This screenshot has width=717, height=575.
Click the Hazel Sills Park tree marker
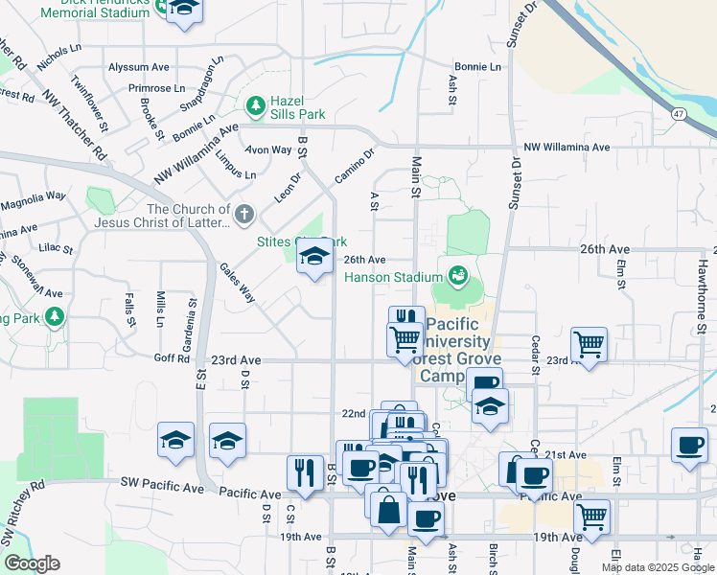point(256,105)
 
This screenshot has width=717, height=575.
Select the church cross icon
point(244,213)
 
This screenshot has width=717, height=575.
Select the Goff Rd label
point(172,357)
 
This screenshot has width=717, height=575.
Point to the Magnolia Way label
point(33,197)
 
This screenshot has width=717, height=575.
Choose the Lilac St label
point(57,248)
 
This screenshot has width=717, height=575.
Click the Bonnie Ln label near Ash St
point(477,67)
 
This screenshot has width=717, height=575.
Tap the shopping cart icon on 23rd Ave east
point(588,343)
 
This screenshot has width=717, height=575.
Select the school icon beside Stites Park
point(313,257)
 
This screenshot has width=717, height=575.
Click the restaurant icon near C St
point(305,472)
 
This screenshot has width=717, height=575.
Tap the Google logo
point(32,563)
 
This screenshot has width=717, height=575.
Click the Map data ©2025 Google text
point(657,567)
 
